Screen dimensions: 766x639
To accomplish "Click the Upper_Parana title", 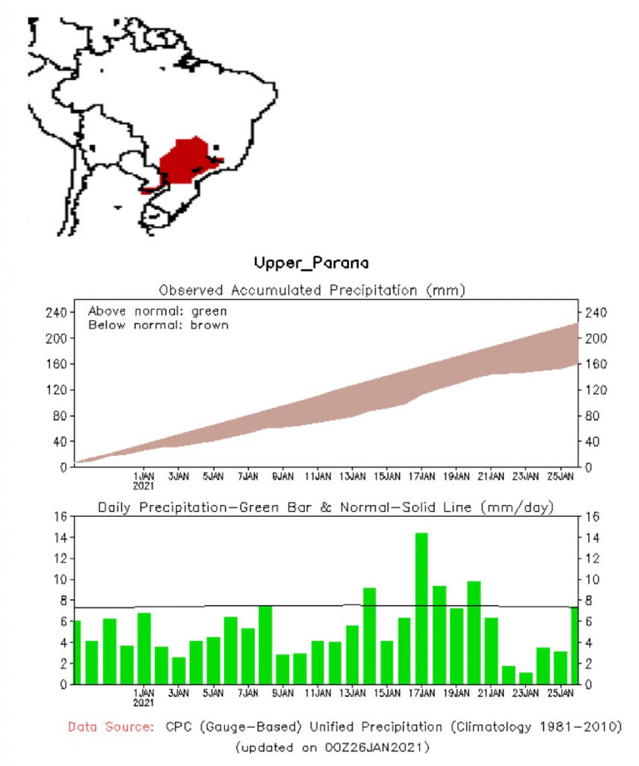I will (311, 263).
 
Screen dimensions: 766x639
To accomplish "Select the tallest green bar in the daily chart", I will (422, 607).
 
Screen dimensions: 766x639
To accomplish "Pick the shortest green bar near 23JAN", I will (525, 678).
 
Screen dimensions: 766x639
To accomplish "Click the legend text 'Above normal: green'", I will (157, 310).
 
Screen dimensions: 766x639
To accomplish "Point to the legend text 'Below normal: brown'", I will (158, 325).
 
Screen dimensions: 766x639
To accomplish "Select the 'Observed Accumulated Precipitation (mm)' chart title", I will (312, 289).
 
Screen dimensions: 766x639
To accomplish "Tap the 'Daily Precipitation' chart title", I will (326, 507).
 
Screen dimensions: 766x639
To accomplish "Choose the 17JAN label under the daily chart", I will (422, 693).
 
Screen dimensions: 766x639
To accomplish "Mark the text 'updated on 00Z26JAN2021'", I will (332, 747).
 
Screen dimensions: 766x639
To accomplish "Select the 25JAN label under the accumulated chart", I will (560, 475).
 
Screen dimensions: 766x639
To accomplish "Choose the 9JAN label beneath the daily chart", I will (283, 693).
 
